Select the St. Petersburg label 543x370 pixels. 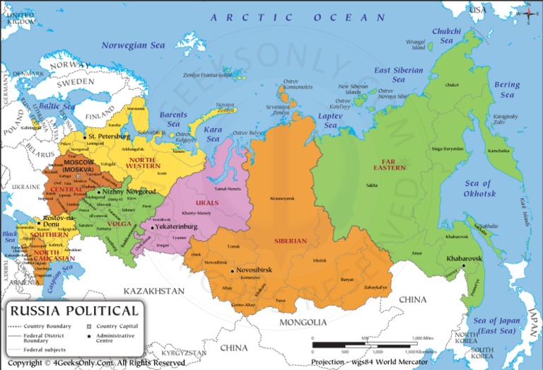[109, 136]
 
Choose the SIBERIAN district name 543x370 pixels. [291, 241]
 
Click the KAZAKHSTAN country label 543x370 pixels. [153, 291]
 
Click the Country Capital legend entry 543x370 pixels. [117, 326]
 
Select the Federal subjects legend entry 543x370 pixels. [45, 349]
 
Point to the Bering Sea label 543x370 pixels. [507, 89]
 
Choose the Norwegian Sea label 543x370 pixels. [133, 45]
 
